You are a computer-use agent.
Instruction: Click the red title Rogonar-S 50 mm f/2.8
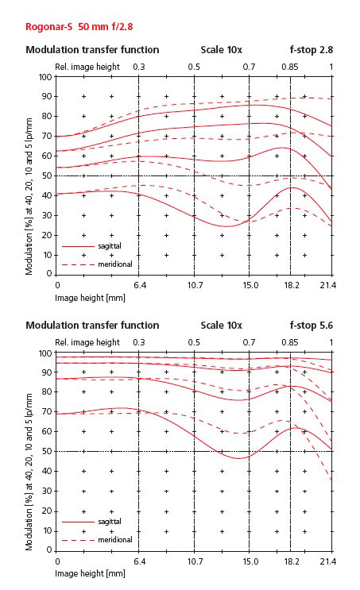[x=79, y=27]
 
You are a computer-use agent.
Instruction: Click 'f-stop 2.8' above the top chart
[x=312, y=50]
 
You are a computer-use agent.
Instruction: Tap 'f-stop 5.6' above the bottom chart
[x=312, y=325]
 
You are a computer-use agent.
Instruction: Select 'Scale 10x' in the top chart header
[x=222, y=50]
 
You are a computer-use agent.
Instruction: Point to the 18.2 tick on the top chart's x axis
[x=292, y=285]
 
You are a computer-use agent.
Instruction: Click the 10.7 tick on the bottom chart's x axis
[x=195, y=561]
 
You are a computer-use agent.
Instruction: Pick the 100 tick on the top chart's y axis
[x=45, y=77]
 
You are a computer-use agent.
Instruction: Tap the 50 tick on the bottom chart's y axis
[x=47, y=451]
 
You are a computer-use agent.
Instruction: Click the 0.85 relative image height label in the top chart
[x=289, y=67]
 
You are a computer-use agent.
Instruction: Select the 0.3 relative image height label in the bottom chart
[x=138, y=342]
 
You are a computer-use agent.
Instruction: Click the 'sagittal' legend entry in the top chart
[x=110, y=246]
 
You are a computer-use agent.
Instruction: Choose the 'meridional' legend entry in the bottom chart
[x=115, y=540]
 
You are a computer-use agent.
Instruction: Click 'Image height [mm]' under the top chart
[x=90, y=298]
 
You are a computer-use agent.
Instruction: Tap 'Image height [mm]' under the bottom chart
[x=90, y=573]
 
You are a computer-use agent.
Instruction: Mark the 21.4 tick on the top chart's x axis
[x=328, y=285]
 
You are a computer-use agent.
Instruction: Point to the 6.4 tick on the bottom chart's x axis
[x=140, y=561]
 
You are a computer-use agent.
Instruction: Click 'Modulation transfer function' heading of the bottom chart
[x=92, y=325]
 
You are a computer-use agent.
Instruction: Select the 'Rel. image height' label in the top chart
[x=87, y=67]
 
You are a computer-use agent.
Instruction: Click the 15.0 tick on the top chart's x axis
[x=250, y=285]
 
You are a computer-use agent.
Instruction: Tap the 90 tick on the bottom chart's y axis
[x=47, y=372]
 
